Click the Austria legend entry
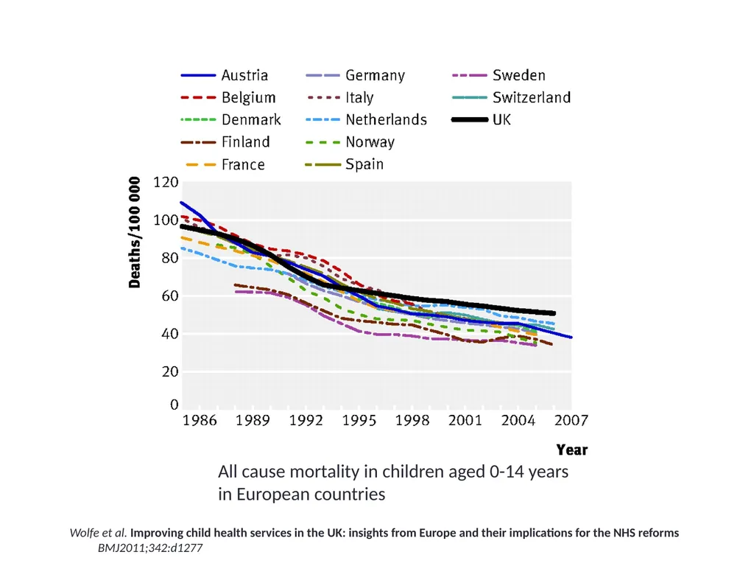(x=244, y=75)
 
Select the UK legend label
(x=501, y=120)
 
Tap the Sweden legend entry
(x=519, y=75)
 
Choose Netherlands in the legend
(x=386, y=120)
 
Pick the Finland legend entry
(x=245, y=142)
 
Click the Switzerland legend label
(x=532, y=98)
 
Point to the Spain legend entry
(x=364, y=164)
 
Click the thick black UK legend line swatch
(x=470, y=120)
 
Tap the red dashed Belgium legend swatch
(x=198, y=98)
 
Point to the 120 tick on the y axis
(x=166, y=183)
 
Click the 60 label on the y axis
(x=170, y=296)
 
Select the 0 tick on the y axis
(x=174, y=405)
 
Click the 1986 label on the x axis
(x=200, y=421)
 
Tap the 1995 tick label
(x=359, y=421)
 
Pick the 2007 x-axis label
(x=571, y=421)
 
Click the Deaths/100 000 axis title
(x=135, y=232)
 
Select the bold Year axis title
(x=571, y=450)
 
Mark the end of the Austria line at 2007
(x=571, y=338)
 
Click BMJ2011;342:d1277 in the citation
(x=150, y=548)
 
